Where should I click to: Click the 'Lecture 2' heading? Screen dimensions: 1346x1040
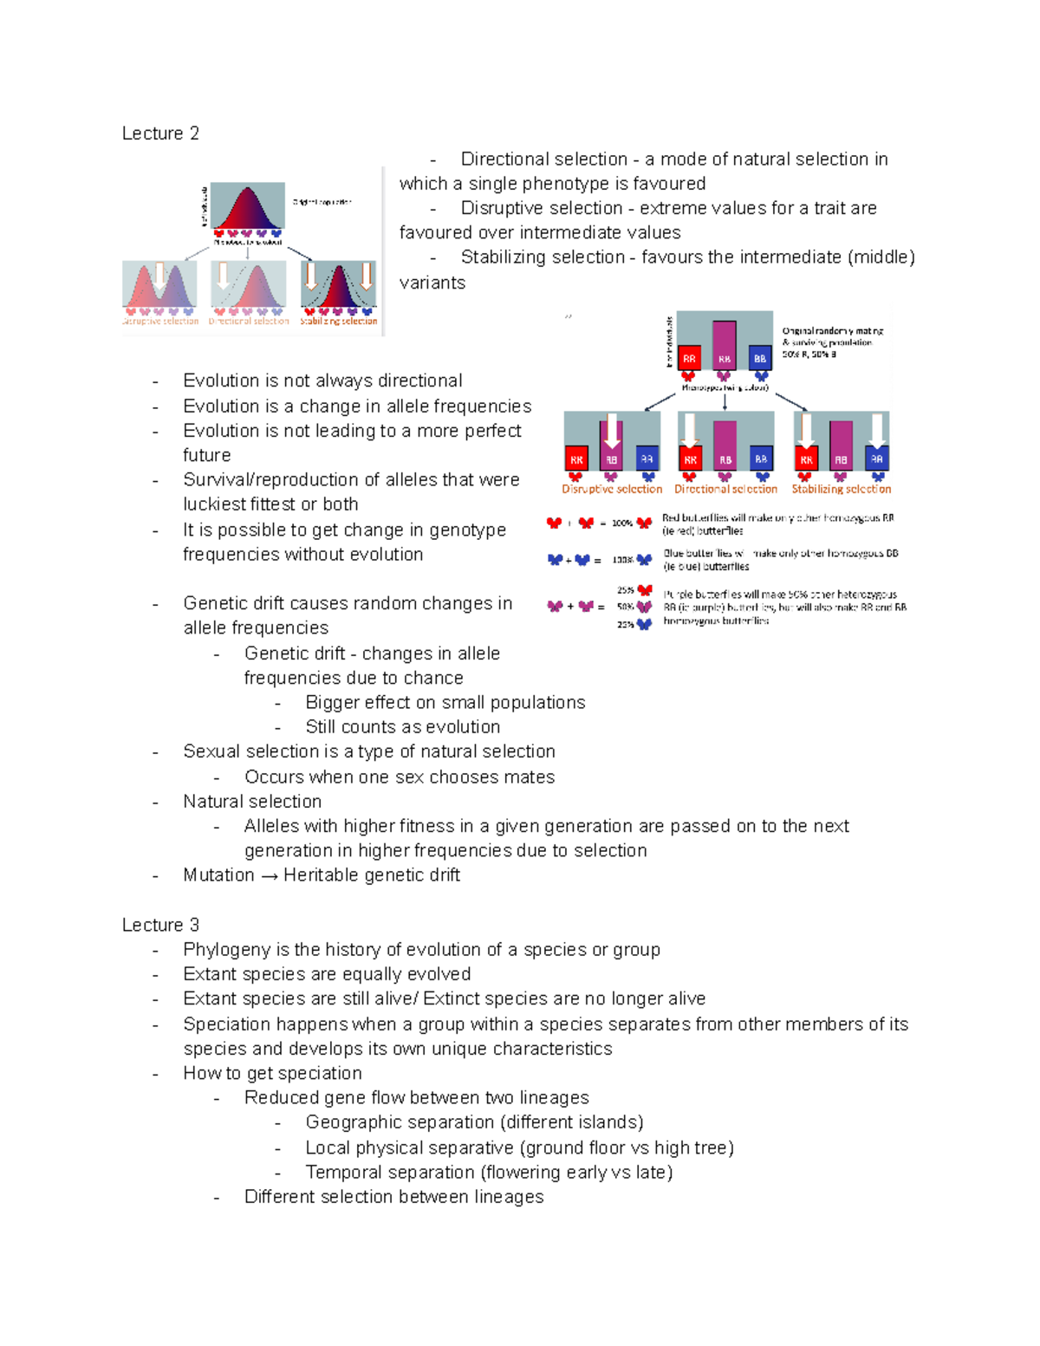pos(160,133)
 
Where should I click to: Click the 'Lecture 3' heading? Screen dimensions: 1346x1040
pos(160,925)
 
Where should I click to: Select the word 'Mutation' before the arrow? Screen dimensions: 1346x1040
pos(218,875)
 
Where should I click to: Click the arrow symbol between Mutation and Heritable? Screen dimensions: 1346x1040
pos(269,876)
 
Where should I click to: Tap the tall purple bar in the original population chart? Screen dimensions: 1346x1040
pos(724,345)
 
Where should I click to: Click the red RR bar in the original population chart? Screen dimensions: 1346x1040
pos(688,358)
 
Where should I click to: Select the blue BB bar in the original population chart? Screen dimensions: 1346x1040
pos(760,358)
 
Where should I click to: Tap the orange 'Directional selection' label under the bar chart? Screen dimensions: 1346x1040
pos(725,490)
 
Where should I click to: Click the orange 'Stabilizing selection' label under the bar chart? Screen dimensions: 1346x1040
pos(841,490)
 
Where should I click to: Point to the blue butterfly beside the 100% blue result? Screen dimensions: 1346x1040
pos(644,560)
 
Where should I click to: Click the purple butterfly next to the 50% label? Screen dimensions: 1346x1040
pos(644,607)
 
